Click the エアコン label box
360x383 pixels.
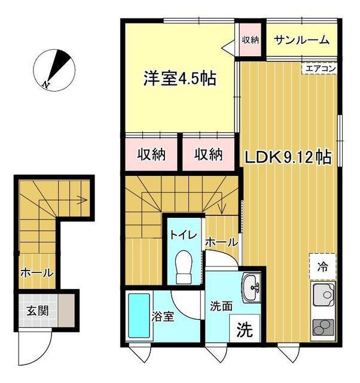(x=321, y=69)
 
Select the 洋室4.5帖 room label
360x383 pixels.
(x=179, y=78)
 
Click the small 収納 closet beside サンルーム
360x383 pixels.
(x=251, y=40)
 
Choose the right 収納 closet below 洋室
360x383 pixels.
(x=209, y=155)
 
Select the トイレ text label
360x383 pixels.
(x=184, y=235)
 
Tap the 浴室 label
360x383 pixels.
(x=163, y=317)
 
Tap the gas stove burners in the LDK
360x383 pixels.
(x=324, y=329)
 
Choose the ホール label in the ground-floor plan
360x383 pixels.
(x=36, y=272)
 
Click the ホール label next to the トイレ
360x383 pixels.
(x=222, y=242)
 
